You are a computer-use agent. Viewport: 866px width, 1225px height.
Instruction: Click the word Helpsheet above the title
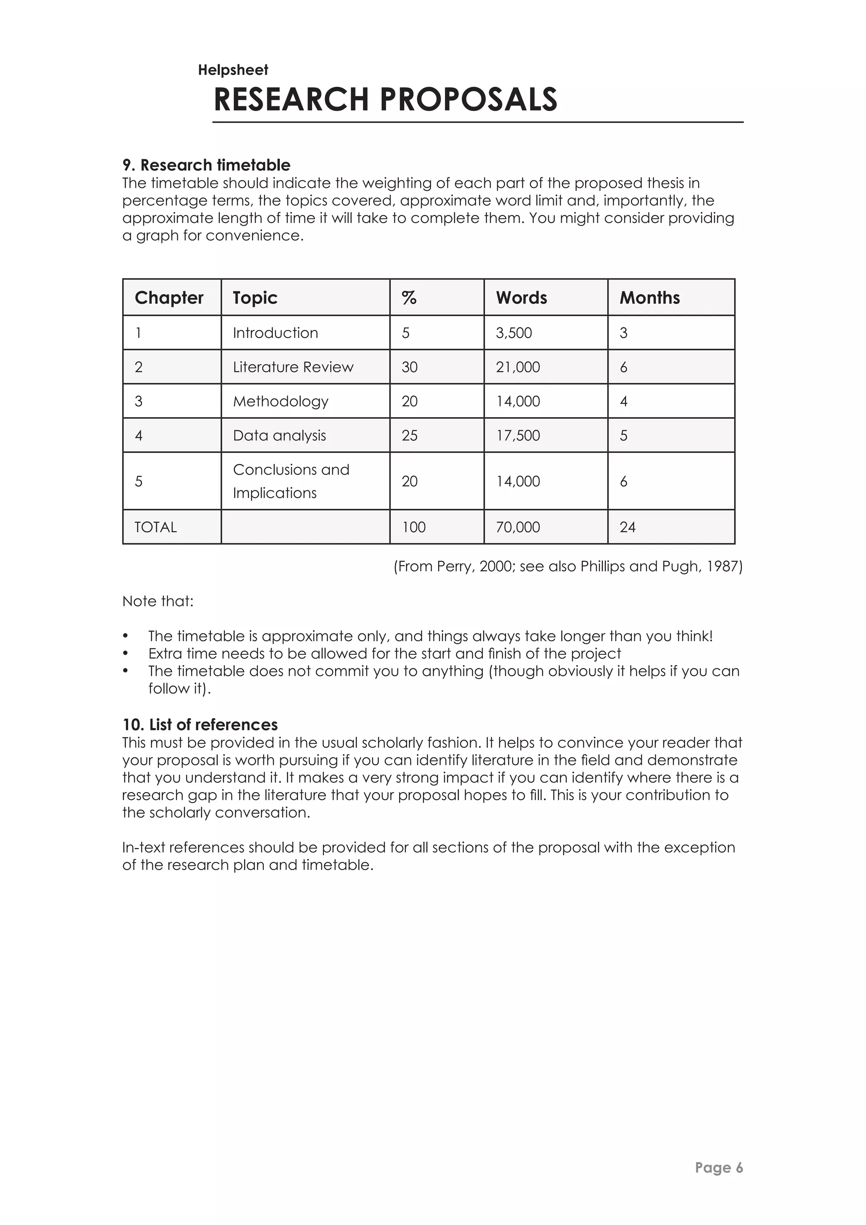coord(233,70)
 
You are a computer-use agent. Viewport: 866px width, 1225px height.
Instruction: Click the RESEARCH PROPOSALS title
coord(385,100)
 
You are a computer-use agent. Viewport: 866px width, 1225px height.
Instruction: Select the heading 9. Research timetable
coord(206,165)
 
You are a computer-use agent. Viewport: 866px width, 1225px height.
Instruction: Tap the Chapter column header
coord(169,298)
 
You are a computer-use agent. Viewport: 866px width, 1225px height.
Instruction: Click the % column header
coord(409,298)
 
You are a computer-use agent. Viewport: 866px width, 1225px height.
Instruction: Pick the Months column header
coord(649,298)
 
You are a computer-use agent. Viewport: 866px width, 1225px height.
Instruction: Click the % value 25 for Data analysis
coord(410,435)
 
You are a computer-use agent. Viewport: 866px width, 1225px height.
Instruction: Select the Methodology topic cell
coord(280,401)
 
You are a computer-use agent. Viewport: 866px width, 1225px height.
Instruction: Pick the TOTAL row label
coord(155,527)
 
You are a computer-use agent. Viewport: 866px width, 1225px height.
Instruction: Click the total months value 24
coord(627,527)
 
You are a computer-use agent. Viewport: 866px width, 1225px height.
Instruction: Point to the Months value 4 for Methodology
coord(623,401)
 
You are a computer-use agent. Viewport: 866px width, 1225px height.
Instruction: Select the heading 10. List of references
coord(200,725)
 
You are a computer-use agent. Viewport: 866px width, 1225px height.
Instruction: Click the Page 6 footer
coord(718,1167)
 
